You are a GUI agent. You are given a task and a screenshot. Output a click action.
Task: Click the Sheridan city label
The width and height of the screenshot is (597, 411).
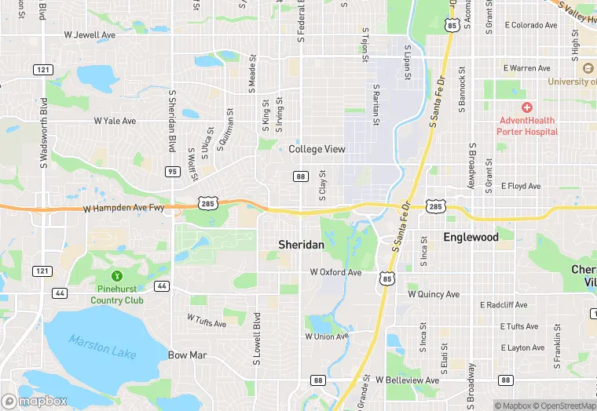pos(301,245)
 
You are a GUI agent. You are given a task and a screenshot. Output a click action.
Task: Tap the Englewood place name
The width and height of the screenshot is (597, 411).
pos(471,236)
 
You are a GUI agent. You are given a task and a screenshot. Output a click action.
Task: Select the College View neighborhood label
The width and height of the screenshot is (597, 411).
pos(317,149)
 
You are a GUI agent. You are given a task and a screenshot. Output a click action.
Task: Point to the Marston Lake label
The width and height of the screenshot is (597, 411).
pos(102,346)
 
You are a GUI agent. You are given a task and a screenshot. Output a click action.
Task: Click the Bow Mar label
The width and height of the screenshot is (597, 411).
pos(188,355)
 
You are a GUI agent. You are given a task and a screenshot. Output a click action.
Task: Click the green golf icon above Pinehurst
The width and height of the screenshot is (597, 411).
pos(116,276)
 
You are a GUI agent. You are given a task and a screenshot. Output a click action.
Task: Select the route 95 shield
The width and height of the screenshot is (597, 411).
pos(173,171)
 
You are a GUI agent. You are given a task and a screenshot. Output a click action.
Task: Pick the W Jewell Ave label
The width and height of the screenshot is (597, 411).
pos(90,35)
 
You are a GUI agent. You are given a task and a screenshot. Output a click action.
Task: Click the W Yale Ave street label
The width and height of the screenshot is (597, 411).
pos(115,121)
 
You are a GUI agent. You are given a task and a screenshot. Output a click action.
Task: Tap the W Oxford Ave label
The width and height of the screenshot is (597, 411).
pos(335,272)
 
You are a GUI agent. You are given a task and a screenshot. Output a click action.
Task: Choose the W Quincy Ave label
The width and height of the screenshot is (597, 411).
pos(434,294)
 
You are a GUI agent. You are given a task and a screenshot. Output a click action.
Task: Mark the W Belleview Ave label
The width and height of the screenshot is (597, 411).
pos(407,380)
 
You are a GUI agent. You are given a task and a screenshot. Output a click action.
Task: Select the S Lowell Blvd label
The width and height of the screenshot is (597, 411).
pos(257,339)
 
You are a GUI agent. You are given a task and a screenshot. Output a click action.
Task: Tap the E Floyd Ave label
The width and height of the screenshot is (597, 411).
pos(522,186)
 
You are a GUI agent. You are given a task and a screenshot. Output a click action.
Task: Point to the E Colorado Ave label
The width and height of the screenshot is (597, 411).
pos(531,25)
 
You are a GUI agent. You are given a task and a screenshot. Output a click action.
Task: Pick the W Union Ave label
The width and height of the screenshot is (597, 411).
pos(326,336)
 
